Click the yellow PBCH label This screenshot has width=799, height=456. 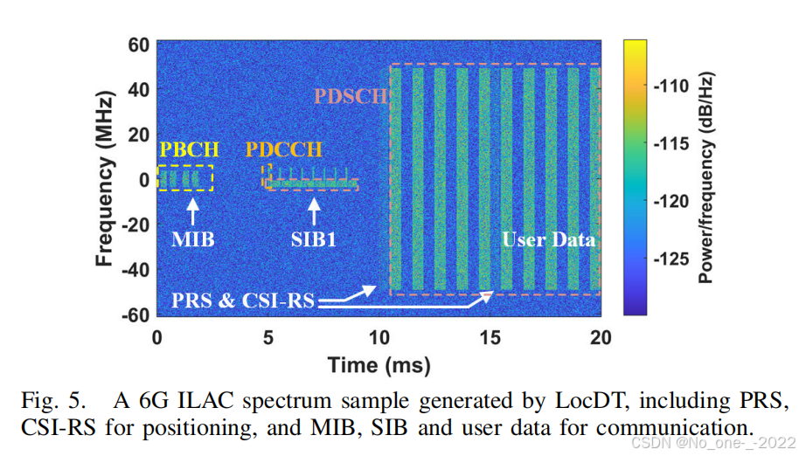[x=189, y=149]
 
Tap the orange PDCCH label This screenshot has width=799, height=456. [x=284, y=149]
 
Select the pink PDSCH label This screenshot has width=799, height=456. [x=351, y=96]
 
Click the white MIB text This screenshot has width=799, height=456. [x=192, y=239]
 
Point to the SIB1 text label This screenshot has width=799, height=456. [x=313, y=239]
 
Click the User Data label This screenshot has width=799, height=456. [x=548, y=239]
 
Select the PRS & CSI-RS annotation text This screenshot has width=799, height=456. [x=242, y=301]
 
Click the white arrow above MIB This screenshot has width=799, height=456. [x=192, y=211]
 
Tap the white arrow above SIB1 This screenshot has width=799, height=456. [x=314, y=211]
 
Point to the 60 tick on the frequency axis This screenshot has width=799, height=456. [x=139, y=45]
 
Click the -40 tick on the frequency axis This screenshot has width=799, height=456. [x=135, y=270]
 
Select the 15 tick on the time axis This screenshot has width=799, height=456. [x=490, y=338]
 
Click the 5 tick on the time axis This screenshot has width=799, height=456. [x=268, y=338]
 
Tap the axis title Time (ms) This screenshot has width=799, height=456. [x=379, y=365]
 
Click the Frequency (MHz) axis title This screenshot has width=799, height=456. [x=104, y=178]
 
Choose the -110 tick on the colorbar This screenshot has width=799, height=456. [x=670, y=86]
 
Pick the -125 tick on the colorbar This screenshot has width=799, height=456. [x=670, y=259]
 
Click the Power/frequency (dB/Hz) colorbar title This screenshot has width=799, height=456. [x=705, y=177]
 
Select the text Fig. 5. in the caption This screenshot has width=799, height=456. [x=52, y=402]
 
